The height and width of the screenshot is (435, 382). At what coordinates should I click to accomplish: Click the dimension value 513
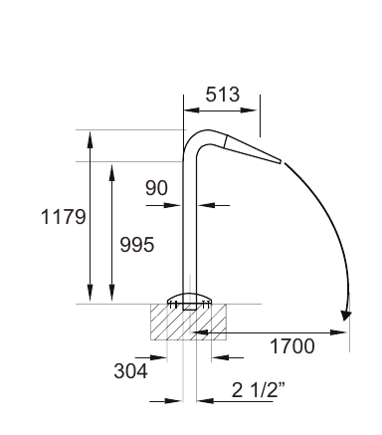222,95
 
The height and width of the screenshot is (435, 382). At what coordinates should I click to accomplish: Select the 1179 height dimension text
64,217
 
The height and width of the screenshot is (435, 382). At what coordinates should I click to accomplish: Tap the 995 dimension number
137,245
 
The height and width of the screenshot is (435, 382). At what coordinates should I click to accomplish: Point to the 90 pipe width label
156,188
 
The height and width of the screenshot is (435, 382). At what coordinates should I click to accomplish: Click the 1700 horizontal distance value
292,346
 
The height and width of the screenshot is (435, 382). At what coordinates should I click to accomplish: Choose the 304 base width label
130,371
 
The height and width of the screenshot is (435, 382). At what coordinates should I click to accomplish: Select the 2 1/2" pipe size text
259,390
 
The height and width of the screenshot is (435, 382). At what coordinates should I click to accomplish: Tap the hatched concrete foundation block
188,322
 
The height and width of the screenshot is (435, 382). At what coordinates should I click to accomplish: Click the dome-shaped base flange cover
189,298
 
